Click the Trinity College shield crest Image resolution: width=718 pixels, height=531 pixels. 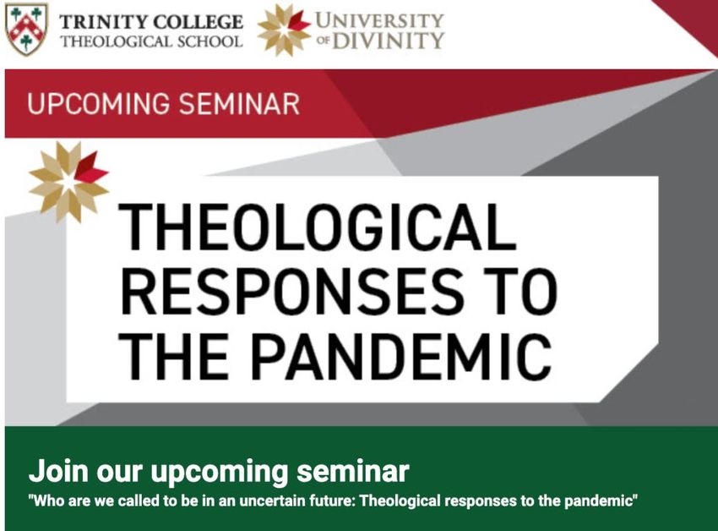26,30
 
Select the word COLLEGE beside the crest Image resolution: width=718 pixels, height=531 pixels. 198,21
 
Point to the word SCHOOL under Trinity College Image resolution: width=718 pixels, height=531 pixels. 209,41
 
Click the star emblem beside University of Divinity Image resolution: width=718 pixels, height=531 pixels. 285,30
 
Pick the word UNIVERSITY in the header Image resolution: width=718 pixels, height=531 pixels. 379,20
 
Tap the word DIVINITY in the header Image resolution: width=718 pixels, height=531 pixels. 388,41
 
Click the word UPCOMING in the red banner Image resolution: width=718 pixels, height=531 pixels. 99,104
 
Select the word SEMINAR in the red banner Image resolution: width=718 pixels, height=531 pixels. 239,104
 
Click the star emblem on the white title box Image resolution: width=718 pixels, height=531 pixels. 68,182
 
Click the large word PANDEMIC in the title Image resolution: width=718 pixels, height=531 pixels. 402,357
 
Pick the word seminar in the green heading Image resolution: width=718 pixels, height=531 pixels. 352,471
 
